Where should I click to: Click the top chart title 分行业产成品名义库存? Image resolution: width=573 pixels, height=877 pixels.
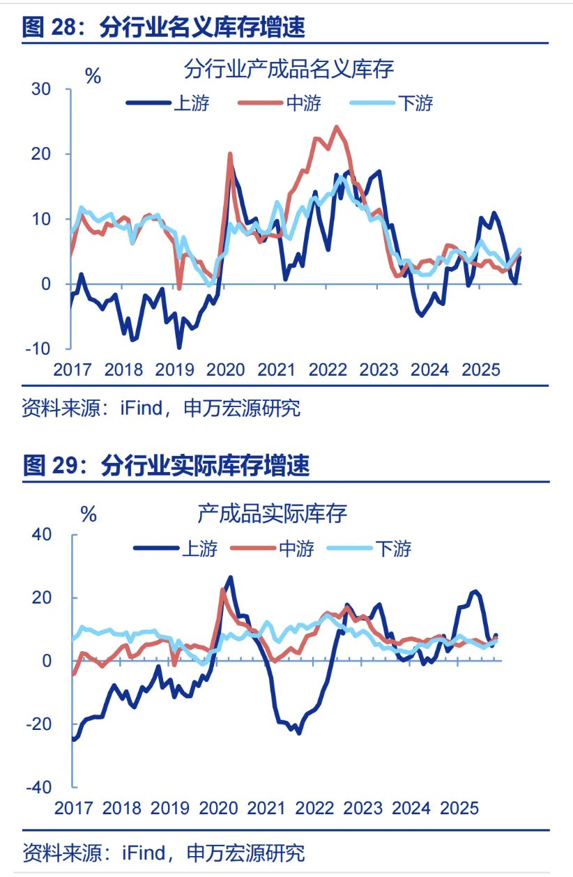point(289,69)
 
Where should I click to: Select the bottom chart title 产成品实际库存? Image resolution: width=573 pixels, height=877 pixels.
point(272,514)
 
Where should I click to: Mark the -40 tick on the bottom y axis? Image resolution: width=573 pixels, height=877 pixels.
point(38,787)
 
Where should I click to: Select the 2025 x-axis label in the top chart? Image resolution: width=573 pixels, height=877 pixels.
point(481,369)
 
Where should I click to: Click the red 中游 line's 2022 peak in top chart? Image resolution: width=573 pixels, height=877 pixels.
point(336,128)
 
